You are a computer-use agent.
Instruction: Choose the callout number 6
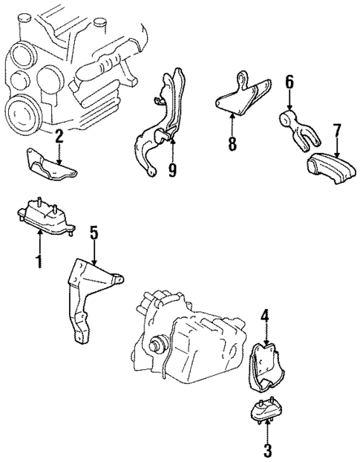(x=289, y=81)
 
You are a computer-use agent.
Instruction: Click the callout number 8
(x=232, y=143)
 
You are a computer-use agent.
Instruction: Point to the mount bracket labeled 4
(x=264, y=368)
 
